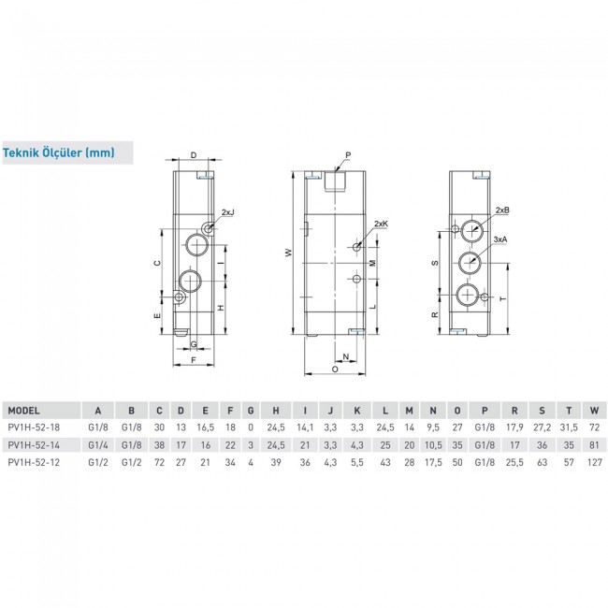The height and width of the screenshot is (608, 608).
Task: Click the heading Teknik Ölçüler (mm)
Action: tap(59, 152)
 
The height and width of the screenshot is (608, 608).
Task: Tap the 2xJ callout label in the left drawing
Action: tap(228, 213)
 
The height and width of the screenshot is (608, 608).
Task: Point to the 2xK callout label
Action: tap(380, 224)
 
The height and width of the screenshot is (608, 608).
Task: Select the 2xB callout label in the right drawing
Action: tap(502, 210)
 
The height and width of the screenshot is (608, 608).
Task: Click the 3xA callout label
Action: tap(502, 240)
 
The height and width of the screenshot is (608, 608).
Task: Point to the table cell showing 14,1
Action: tap(304, 427)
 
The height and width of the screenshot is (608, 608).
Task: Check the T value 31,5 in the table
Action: tap(567, 427)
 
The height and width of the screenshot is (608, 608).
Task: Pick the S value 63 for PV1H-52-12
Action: tap(540, 460)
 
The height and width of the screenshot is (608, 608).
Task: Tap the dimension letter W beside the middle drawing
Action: tap(289, 252)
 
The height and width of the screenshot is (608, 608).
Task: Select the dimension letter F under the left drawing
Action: tap(193, 359)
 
